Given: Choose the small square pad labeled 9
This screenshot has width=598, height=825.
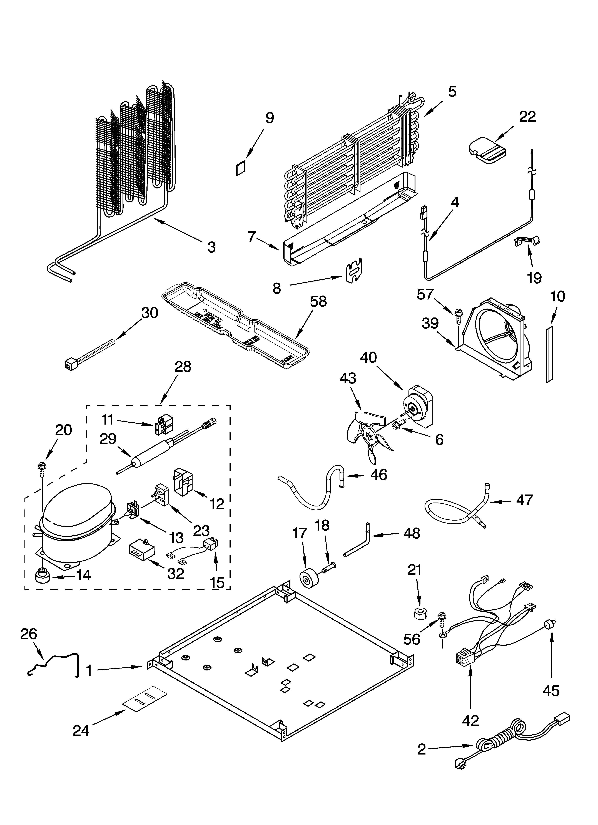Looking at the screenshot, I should [241, 168].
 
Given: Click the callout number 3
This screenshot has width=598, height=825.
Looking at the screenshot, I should [211, 247].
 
